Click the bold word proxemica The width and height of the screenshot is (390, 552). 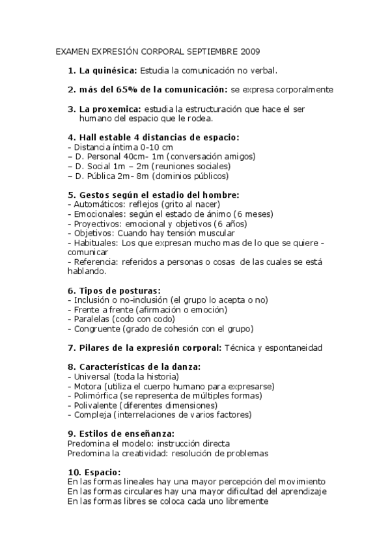[117, 109]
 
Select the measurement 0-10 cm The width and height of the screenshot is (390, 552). [139, 147]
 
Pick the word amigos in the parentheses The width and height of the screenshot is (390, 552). [238, 157]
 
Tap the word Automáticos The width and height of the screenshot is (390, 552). [98, 204]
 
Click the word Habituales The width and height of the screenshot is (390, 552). [94, 242]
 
